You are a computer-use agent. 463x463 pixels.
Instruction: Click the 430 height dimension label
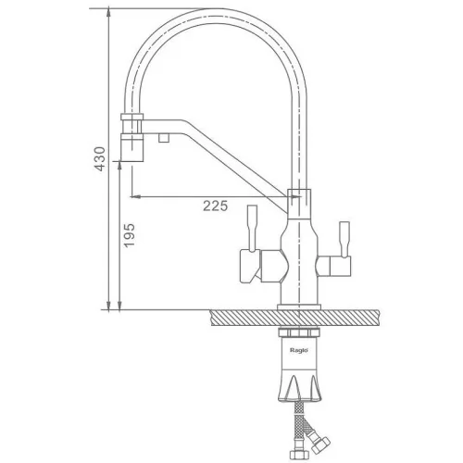point(100,159)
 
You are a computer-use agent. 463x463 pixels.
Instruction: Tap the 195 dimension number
point(130,235)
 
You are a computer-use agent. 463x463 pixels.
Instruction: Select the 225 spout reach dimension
point(215,206)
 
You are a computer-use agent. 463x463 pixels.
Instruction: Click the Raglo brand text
point(299,350)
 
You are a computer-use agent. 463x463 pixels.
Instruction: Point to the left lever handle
point(253,229)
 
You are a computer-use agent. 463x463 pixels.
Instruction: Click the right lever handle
point(344,239)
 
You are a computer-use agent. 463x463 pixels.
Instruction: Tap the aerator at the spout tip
point(132,147)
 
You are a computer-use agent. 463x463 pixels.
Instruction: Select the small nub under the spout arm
point(164,138)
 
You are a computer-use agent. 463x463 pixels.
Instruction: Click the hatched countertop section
point(294,318)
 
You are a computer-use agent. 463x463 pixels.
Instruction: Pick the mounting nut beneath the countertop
point(299,332)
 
